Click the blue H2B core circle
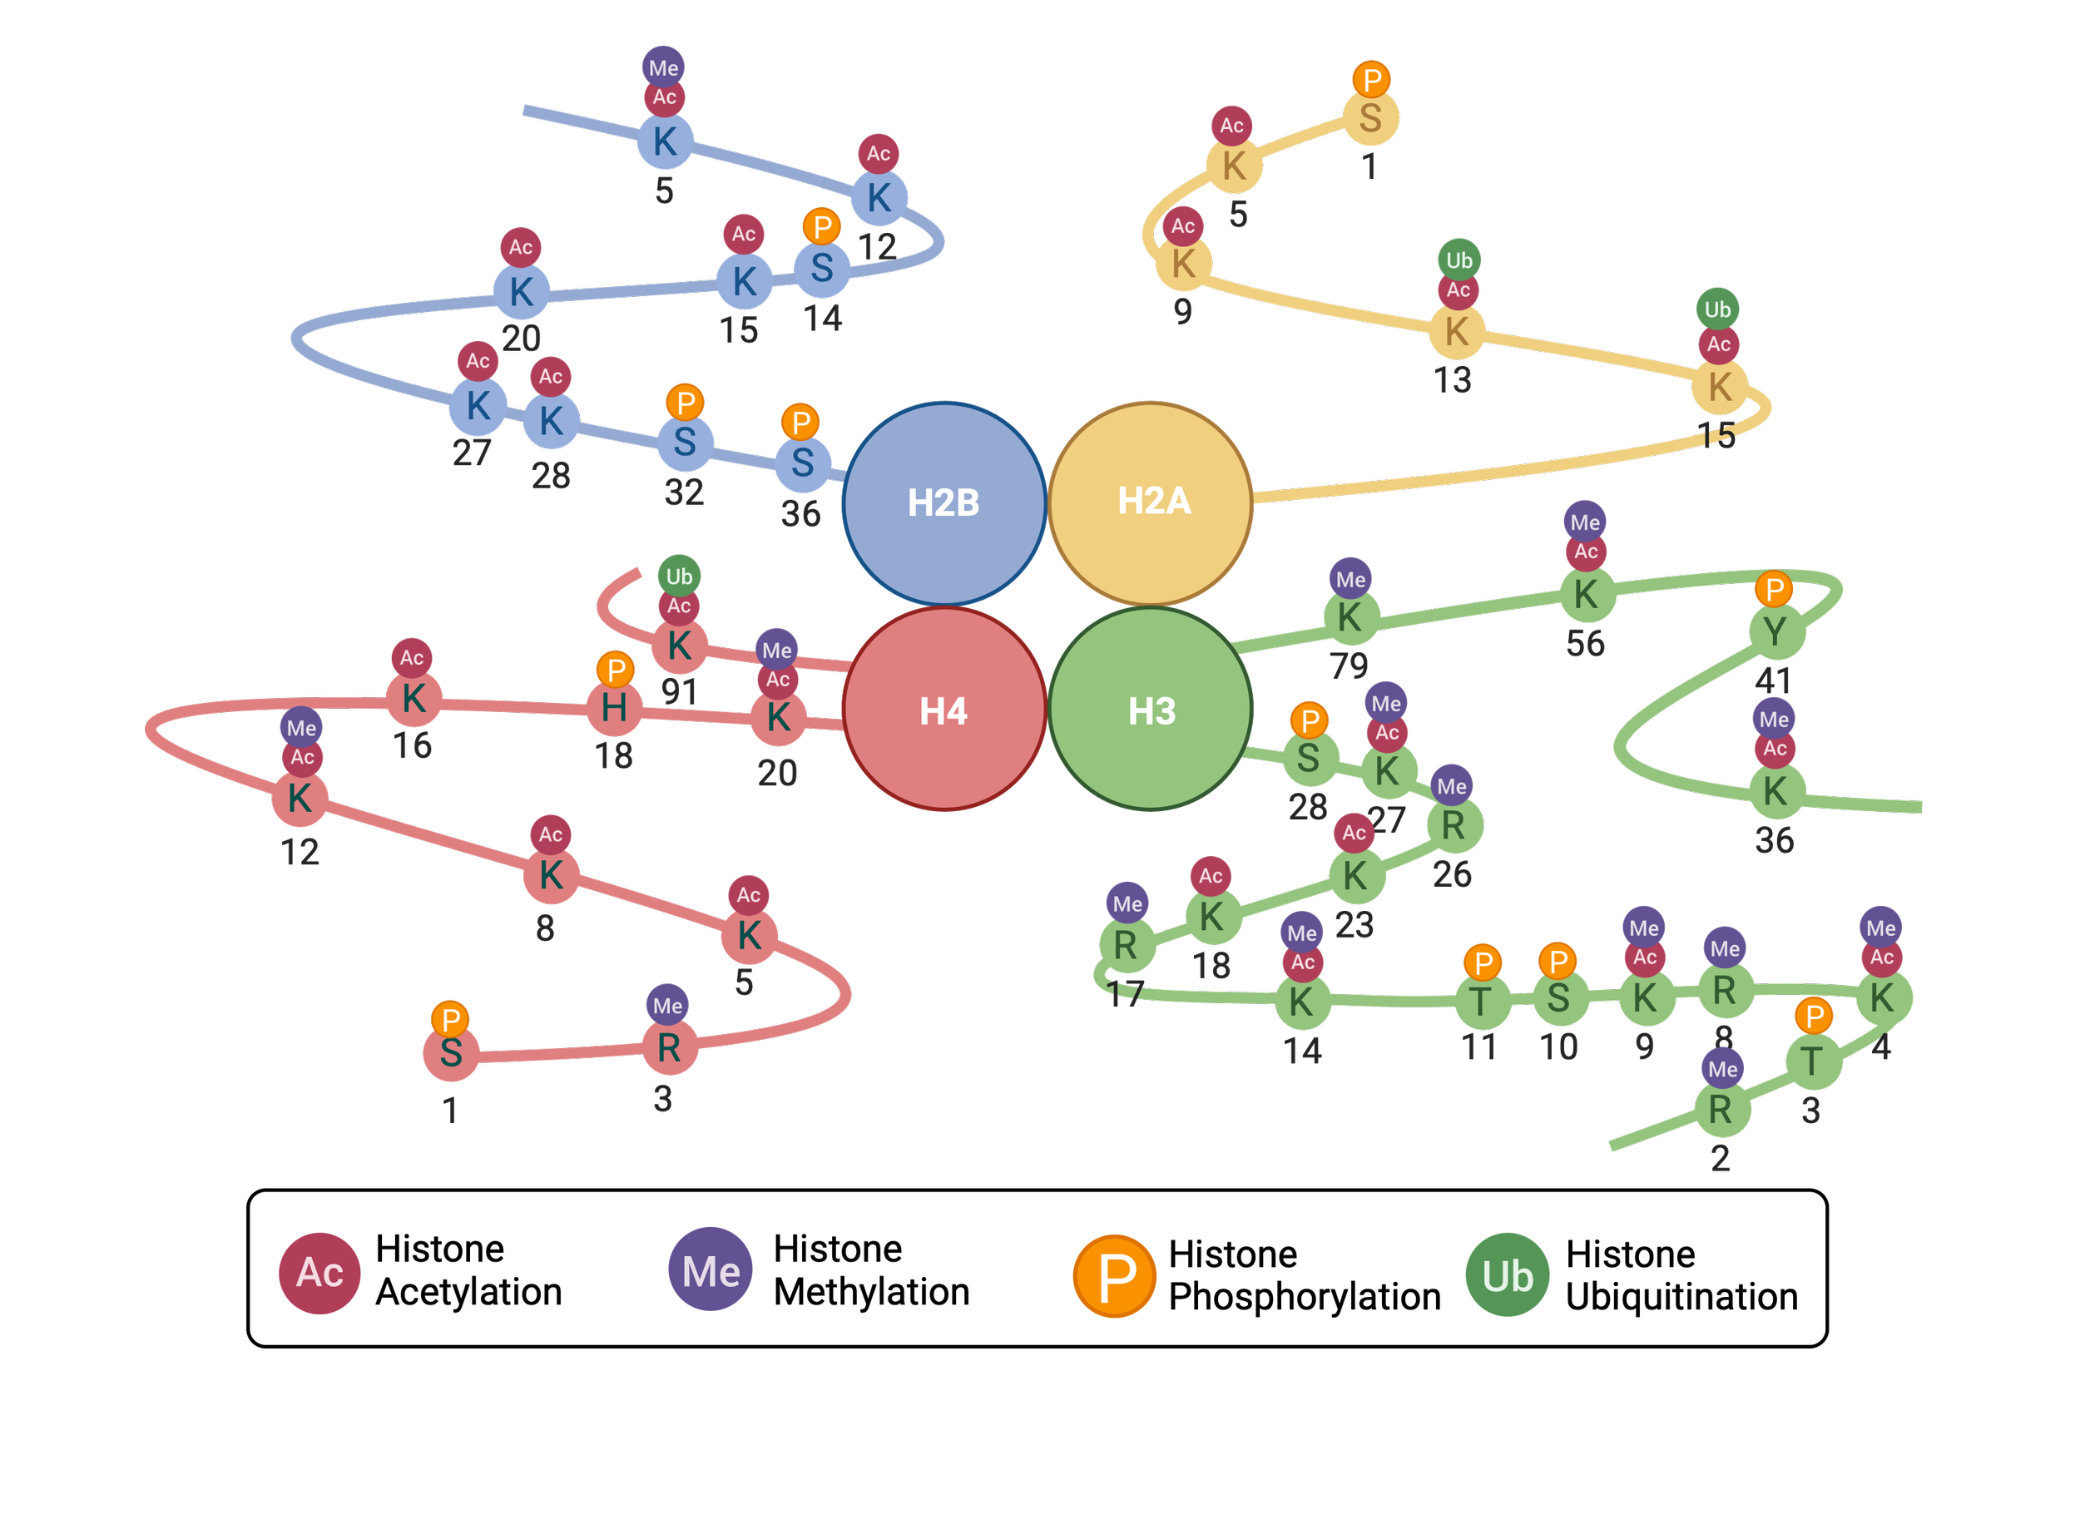tap(943, 503)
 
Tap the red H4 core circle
tap(943, 710)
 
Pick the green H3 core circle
tap(1152, 710)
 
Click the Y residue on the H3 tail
tap(1775, 631)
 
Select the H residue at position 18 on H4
tap(614, 708)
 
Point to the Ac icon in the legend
tap(319, 1273)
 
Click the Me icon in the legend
tap(711, 1270)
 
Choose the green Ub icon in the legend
tap(1507, 1275)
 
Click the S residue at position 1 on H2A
tap(1370, 118)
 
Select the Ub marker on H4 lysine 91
tap(679, 577)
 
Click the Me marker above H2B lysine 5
tap(663, 68)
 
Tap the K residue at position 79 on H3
tap(1350, 616)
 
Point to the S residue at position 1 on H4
tap(451, 1054)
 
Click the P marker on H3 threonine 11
tap(1483, 962)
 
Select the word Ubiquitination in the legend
tap(1681, 1297)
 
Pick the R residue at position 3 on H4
tap(669, 1048)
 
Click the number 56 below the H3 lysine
tap(1586, 644)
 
